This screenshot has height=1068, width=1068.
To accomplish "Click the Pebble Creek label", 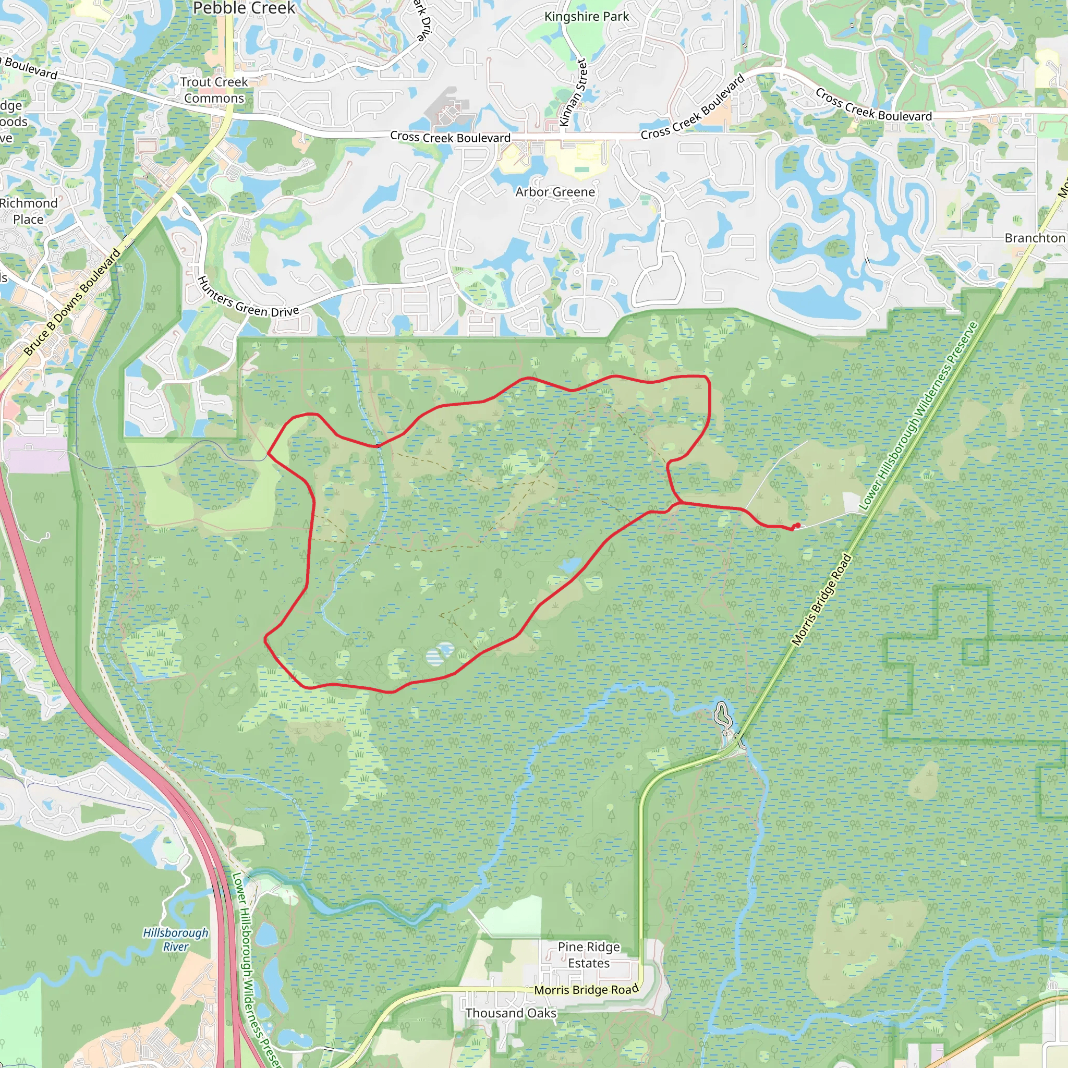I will point(244,8).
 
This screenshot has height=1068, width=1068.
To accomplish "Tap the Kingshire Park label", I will point(587,17).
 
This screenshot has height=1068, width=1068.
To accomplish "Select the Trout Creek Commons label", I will point(214,90).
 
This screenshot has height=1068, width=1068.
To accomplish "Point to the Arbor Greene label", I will point(555,192).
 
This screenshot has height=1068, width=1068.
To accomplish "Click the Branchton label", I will point(1034,238).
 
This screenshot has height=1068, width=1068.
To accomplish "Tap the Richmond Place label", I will point(28,211).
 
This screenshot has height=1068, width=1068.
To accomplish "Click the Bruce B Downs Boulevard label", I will point(72,302).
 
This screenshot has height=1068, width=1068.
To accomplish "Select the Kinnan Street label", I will point(573,93).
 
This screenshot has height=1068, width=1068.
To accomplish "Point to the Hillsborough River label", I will point(176,939).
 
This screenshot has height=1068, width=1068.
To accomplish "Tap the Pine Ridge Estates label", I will point(589,955).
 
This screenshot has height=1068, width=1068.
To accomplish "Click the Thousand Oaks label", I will point(510,1013).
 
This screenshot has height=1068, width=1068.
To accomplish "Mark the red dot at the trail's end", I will point(797,525).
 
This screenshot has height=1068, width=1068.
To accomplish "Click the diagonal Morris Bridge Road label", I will point(821,600).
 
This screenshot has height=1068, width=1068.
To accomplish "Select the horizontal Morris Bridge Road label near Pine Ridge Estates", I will point(586,989).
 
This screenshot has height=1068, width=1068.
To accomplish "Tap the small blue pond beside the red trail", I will point(569,564).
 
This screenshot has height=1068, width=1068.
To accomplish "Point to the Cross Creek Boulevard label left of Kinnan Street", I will point(450,137).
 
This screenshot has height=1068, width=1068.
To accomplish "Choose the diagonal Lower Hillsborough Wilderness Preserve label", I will point(918,416).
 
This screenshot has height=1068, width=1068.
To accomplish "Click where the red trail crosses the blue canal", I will point(379,445).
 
